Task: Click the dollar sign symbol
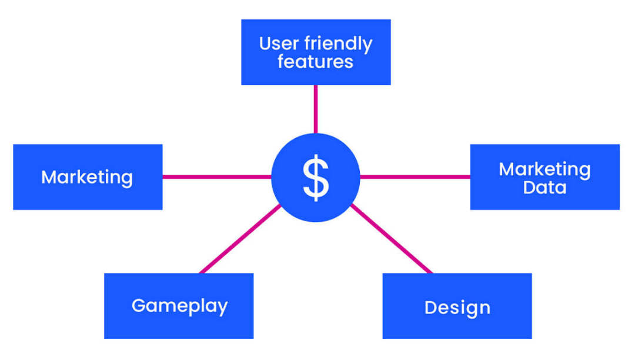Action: (x=316, y=178)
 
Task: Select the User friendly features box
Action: (x=316, y=52)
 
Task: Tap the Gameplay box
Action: (x=179, y=306)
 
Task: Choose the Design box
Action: (x=457, y=306)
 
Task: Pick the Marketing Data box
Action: (x=544, y=177)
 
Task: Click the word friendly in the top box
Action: (x=338, y=44)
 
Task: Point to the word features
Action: (x=316, y=62)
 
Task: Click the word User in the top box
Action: (x=279, y=44)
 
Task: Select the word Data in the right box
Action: (x=544, y=188)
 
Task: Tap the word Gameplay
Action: (x=180, y=306)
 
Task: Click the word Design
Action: (x=457, y=308)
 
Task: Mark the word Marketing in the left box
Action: (x=87, y=178)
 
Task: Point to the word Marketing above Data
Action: (x=544, y=169)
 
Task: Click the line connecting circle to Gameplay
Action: (x=240, y=239)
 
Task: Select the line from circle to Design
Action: (x=392, y=239)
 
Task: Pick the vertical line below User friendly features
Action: (x=316, y=109)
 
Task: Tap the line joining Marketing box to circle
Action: (x=217, y=176)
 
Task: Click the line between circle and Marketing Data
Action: (x=415, y=176)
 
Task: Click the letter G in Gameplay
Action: (x=139, y=305)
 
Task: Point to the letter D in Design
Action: (x=431, y=308)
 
